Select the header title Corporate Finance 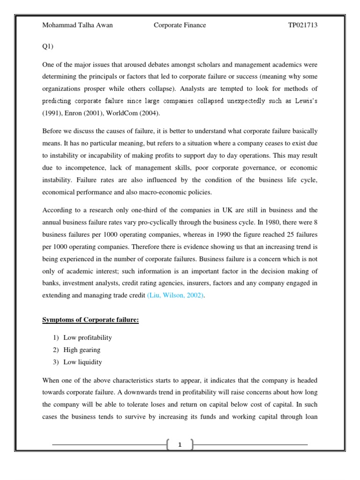click(x=180, y=25)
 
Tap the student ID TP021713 click(x=302, y=25)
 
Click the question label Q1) click(x=48, y=47)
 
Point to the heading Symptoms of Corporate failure click(x=90, y=320)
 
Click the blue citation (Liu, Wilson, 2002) click(x=176, y=296)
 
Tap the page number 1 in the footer click(x=180, y=445)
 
